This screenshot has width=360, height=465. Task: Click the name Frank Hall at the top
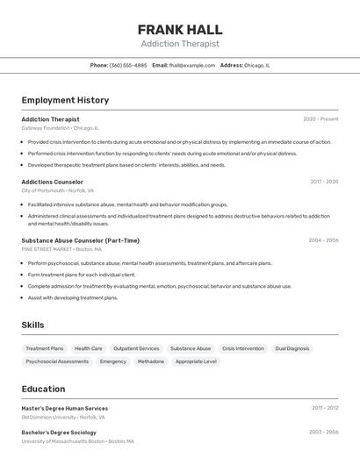coord(180,29)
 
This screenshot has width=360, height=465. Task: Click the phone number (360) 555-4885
coord(128,65)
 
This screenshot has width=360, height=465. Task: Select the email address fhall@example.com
coord(192,65)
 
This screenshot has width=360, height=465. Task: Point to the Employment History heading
coord(65,100)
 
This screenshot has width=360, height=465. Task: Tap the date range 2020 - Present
coord(320,118)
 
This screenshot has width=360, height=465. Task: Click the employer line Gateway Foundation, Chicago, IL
coord(60,128)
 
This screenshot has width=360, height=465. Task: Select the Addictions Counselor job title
coord(52,182)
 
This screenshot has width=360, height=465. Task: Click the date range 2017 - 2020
coord(324,182)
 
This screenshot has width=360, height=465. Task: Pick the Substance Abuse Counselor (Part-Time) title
coord(80,240)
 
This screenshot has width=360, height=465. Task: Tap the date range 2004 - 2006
coord(323,240)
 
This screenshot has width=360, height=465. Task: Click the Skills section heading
coord(32,325)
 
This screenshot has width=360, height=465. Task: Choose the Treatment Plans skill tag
coord(45,348)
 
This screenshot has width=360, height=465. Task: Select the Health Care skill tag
coord(89,348)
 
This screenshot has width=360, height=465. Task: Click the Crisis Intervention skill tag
coord(242,348)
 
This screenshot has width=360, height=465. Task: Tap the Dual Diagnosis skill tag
coord(292,348)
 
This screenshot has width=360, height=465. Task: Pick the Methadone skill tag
coord(151,361)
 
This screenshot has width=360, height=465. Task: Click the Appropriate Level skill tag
coord(196,361)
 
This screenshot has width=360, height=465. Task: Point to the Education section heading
coord(43,389)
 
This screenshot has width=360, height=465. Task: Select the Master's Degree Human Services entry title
coord(64,408)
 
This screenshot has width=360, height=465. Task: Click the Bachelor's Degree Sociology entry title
coord(59,432)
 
